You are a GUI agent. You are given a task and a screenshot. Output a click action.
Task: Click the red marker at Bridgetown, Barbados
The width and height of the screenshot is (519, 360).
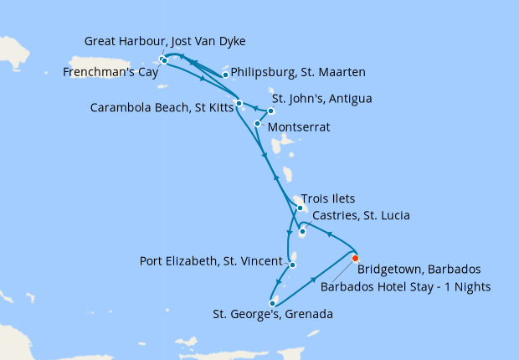click(355, 258)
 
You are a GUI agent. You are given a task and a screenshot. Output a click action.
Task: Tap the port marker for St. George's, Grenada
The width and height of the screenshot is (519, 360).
click(272, 303)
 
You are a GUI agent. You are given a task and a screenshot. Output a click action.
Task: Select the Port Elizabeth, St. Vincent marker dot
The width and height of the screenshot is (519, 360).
click(292, 265)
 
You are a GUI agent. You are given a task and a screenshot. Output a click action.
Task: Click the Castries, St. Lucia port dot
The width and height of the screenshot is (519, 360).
click(302, 231)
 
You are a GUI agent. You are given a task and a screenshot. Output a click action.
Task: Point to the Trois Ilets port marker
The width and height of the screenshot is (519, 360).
click(300, 208)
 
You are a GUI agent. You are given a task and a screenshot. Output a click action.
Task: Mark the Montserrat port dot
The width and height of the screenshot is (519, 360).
click(257, 123)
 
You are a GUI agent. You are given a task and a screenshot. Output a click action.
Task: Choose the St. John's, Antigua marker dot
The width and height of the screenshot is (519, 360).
click(270, 111)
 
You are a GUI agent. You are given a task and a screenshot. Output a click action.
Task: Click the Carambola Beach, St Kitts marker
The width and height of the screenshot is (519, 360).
click(239, 104)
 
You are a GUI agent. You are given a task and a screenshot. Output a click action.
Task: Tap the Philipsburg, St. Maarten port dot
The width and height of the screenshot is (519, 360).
click(225, 75)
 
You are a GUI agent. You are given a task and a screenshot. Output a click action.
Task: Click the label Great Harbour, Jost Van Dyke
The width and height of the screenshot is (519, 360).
click(166, 41)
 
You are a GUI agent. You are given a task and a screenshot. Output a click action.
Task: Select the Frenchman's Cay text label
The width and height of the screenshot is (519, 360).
click(106, 73)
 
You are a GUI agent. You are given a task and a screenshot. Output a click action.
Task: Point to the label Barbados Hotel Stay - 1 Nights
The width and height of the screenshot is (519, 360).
click(405, 285)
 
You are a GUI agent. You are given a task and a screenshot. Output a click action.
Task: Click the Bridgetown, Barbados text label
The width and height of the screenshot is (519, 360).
click(419, 270)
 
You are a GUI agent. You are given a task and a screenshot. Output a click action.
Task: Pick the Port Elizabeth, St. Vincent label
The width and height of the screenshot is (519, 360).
click(209, 260)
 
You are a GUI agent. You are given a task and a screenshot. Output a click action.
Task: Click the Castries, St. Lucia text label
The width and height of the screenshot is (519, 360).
click(360, 216)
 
